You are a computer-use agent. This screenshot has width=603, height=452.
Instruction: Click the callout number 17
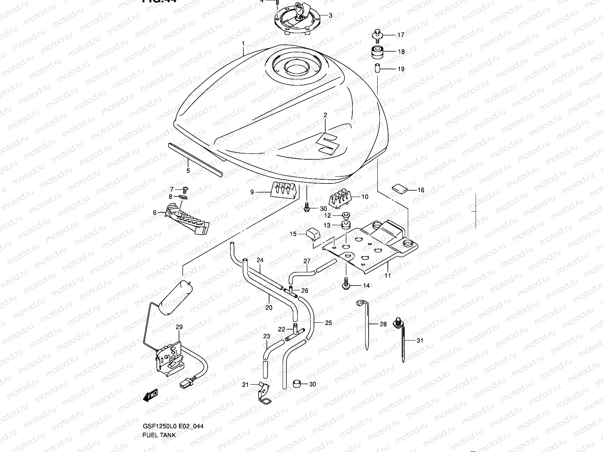click(401, 35)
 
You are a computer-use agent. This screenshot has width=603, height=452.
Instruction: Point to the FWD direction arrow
click(151, 395)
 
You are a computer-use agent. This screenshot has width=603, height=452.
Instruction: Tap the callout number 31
click(420, 341)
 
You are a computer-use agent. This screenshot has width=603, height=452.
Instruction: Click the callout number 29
click(179, 327)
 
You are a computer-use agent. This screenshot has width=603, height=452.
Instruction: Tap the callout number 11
click(388, 275)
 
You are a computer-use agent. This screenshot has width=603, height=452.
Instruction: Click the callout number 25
click(328, 323)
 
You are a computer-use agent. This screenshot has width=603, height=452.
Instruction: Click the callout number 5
click(188, 171)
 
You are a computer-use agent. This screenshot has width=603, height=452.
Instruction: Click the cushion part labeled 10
click(340, 199)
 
